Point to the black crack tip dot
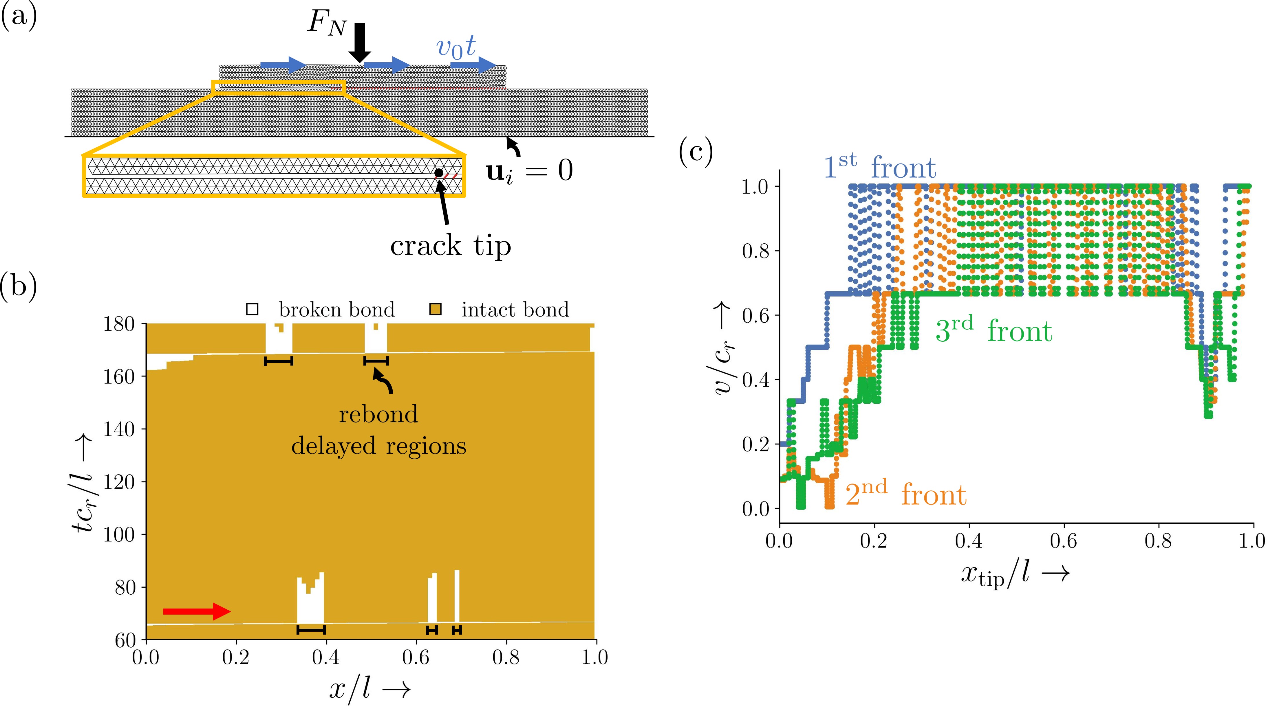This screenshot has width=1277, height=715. [x=439, y=173]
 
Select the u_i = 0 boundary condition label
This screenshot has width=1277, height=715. [x=529, y=171]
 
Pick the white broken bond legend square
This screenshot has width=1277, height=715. [x=252, y=310]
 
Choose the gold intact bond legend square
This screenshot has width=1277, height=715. [x=435, y=310]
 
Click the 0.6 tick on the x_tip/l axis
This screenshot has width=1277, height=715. [x=1063, y=541]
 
